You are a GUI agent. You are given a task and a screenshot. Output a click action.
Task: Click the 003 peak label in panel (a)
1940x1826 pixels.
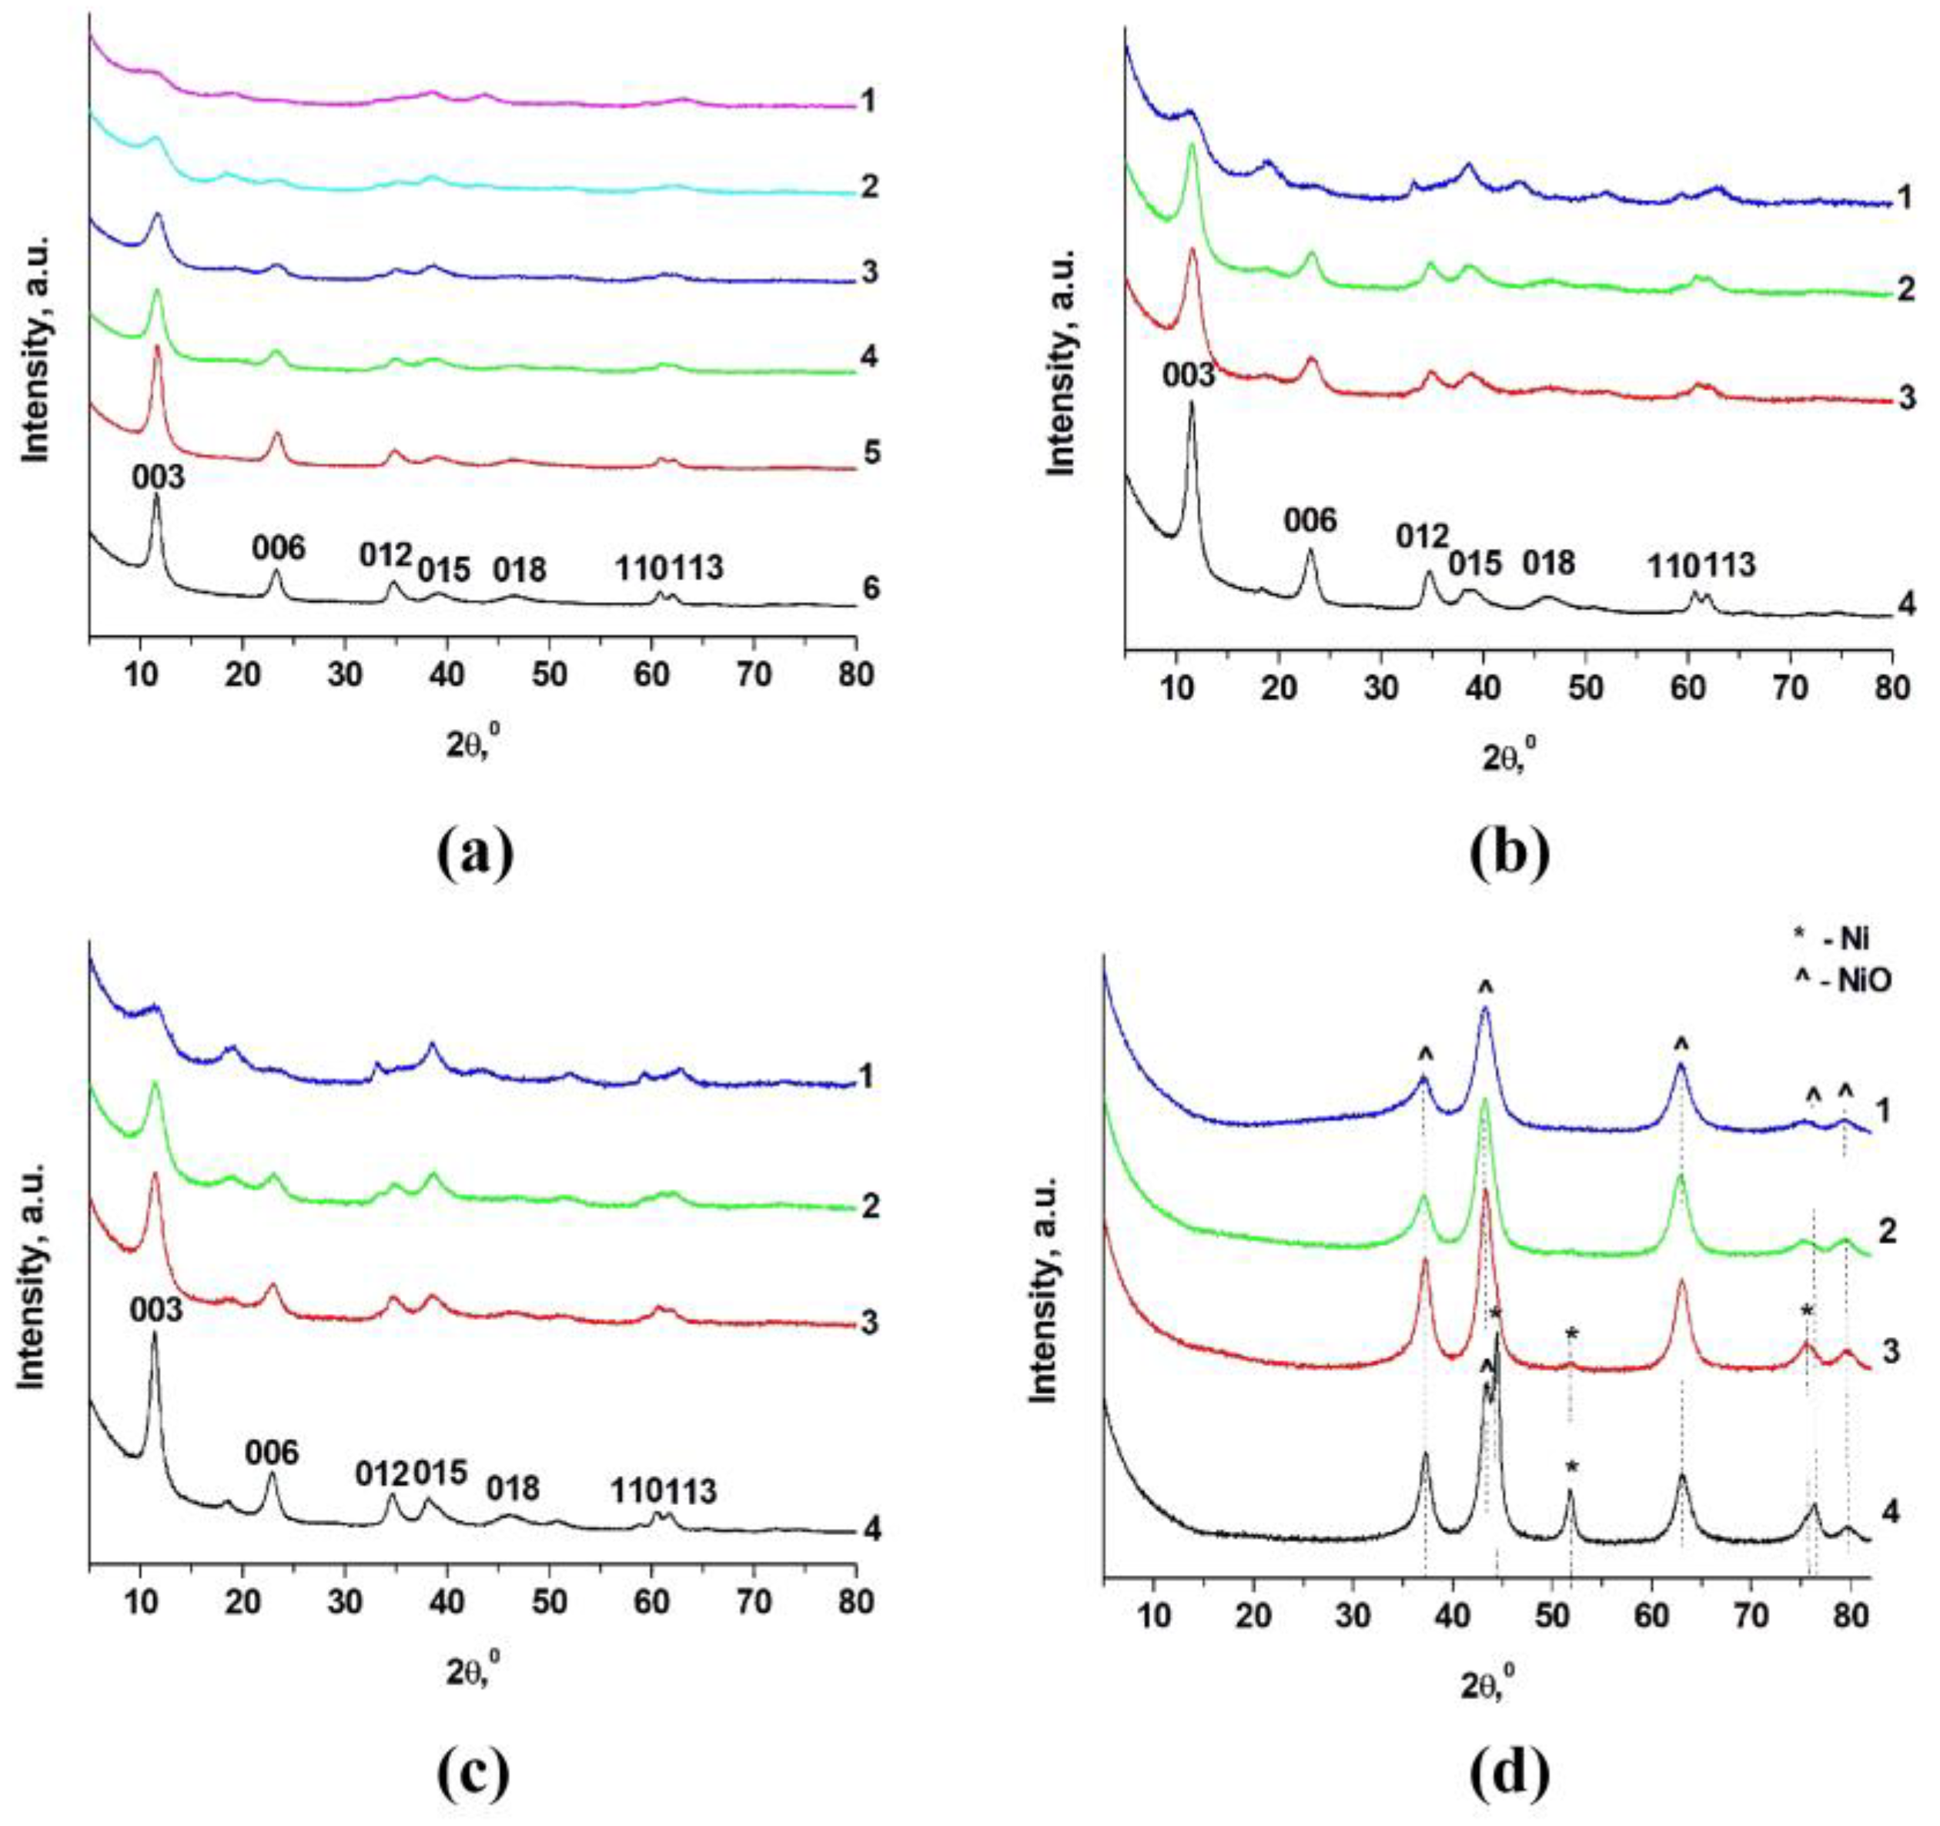(158, 477)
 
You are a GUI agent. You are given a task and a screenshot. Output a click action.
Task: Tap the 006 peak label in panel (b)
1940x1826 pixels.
(1309, 520)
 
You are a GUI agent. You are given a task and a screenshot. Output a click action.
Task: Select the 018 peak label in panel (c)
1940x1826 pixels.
(512, 1487)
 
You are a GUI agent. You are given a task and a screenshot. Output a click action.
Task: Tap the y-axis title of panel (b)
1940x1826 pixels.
(1061, 362)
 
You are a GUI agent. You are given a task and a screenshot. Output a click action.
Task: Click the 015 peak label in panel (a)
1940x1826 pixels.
(444, 568)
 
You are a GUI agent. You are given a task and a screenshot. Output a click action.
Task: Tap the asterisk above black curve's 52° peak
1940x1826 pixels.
(1571, 1466)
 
